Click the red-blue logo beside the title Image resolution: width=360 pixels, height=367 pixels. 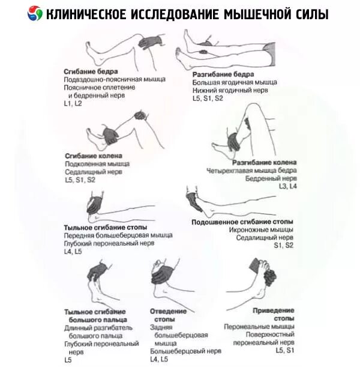coord(37,13)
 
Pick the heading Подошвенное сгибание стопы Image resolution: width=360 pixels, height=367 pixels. coord(242,222)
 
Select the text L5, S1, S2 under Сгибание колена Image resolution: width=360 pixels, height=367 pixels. coord(80,179)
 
